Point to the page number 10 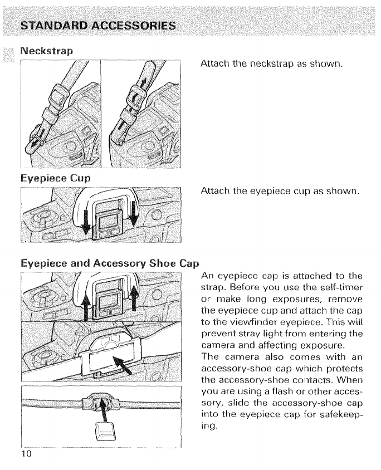click(27, 454)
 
